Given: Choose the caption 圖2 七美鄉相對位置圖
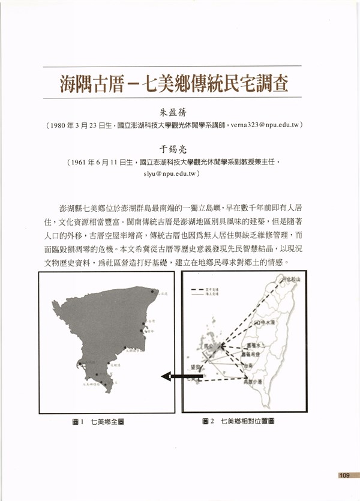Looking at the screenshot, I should tap(238, 422).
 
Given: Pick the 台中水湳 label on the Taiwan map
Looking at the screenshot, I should tap(272, 322).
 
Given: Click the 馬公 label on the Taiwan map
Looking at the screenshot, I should tap(209, 346).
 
